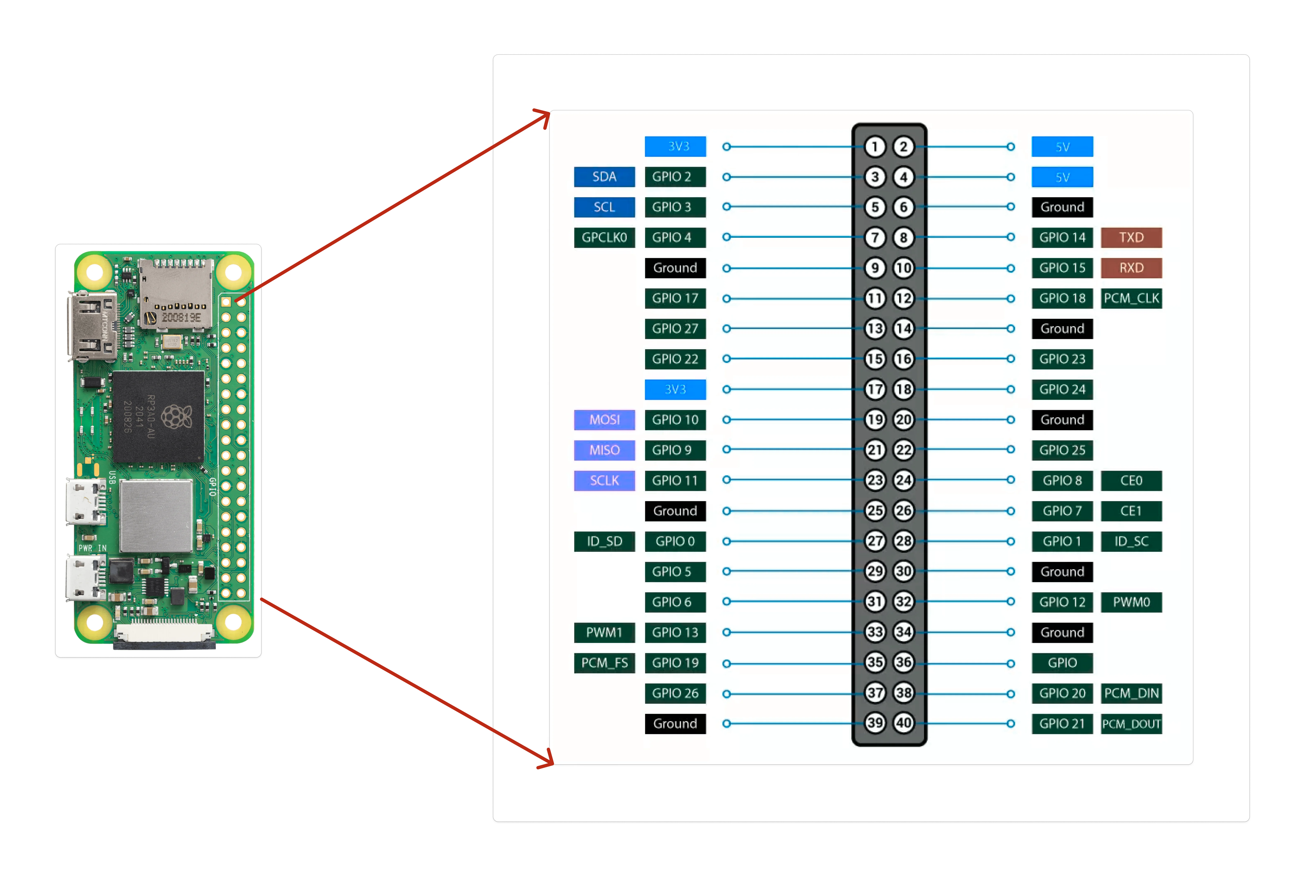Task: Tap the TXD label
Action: [1131, 237]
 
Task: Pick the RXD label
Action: [1131, 268]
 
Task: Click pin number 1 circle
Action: [875, 147]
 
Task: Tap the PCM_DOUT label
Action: [1131, 724]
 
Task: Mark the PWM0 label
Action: [1131, 602]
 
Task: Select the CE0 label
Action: [1131, 480]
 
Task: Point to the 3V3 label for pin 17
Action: [675, 389]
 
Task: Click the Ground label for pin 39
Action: [675, 724]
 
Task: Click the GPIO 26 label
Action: [675, 693]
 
